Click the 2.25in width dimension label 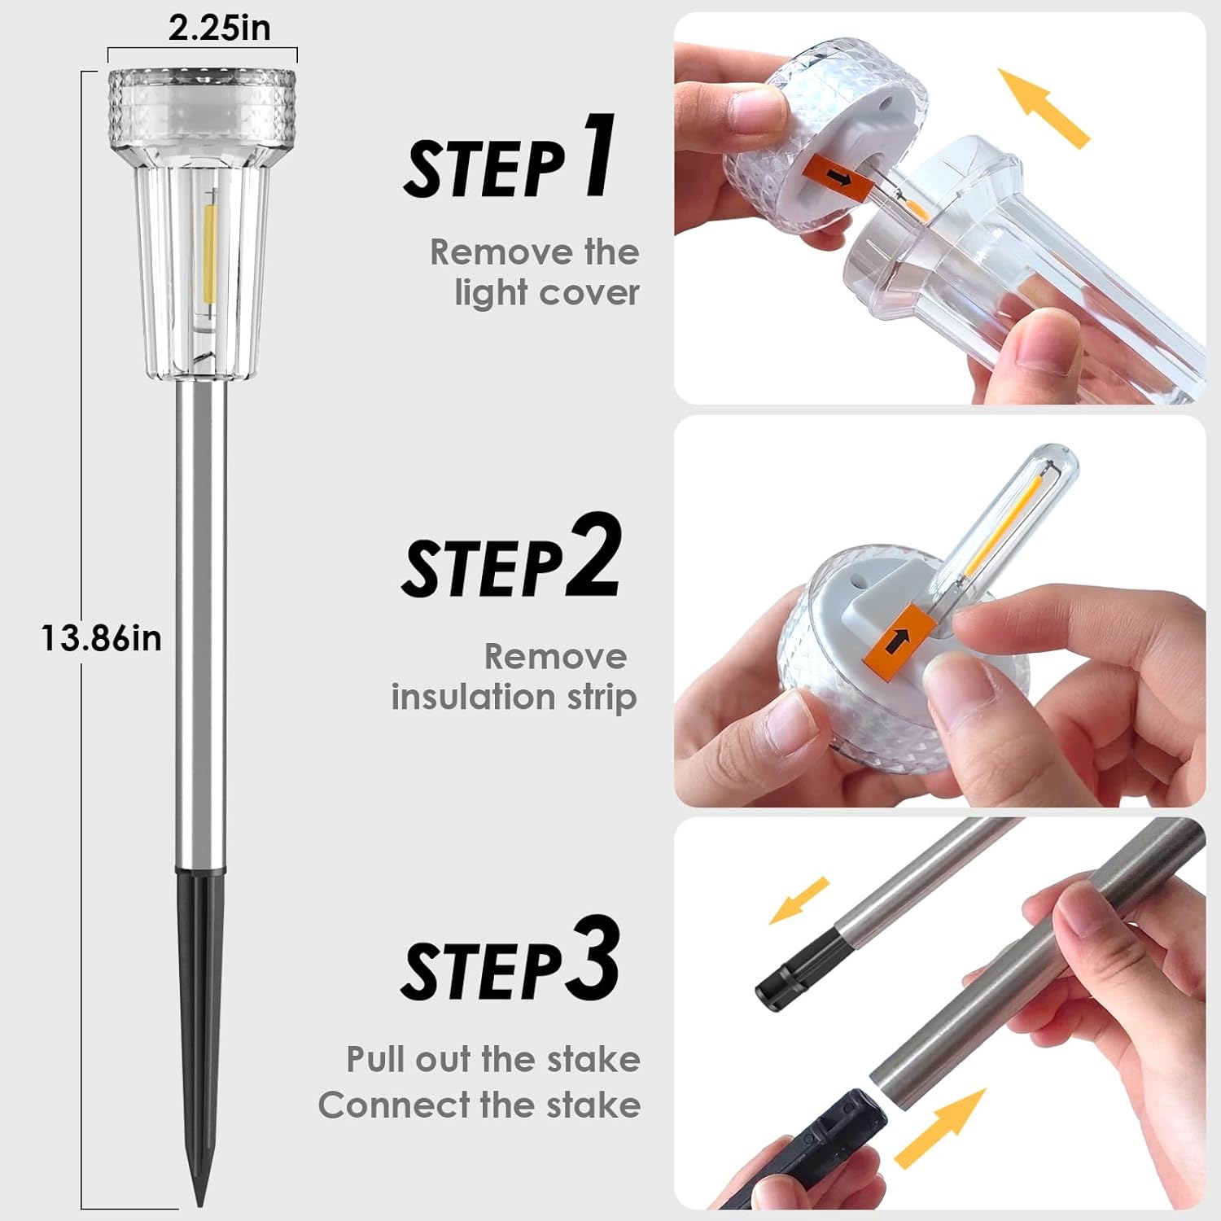[219, 28]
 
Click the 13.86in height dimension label [102, 639]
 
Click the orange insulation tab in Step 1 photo [838, 176]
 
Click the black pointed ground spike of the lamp [200, 1026]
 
